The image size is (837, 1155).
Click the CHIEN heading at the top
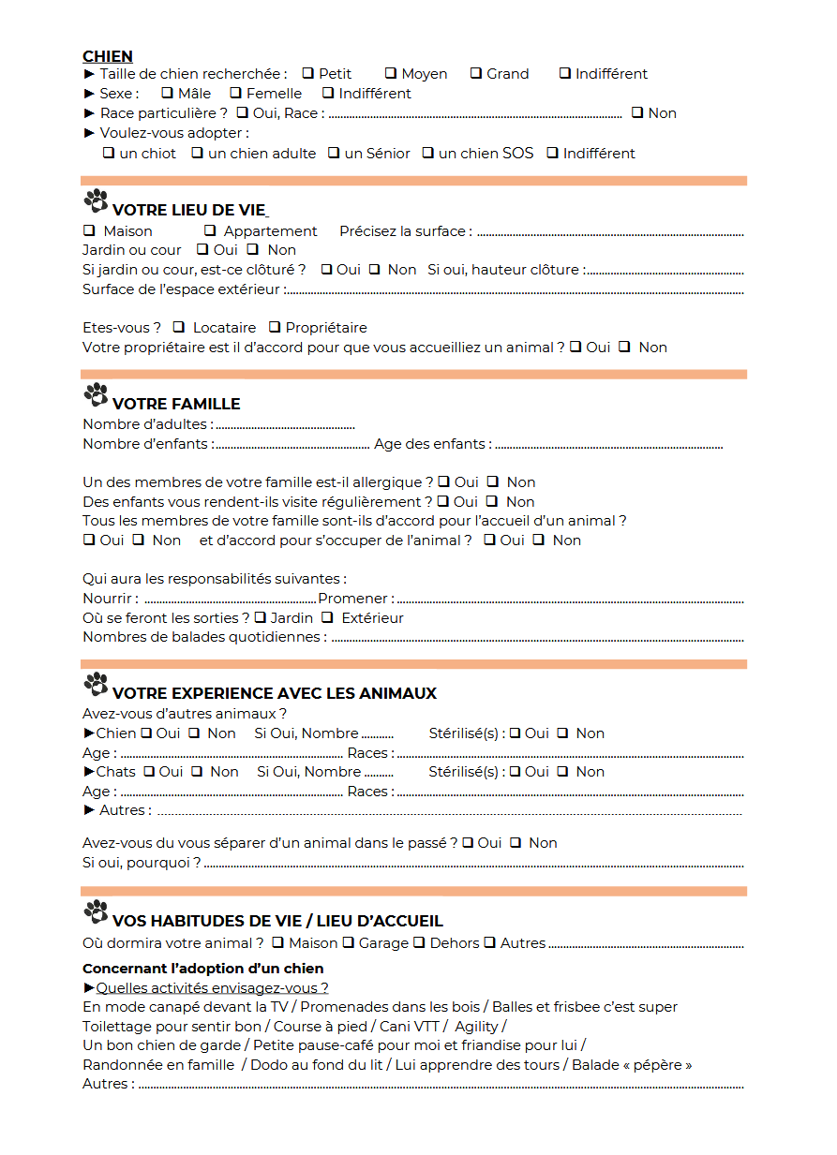(x=108, y=56)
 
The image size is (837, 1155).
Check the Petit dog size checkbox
(x=307, y=73)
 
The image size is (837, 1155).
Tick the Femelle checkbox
(x=236, y=93)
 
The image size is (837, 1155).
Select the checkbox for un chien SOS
(x=427, y=153)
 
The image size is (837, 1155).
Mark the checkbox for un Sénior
(x=334, y=153)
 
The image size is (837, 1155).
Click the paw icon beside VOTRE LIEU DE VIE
(x=96, y=201)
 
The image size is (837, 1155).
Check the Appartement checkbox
(x=210, y=230)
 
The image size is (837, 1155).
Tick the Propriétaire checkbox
(x=275, y=327)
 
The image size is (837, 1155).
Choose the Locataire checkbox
(x=179, y=327)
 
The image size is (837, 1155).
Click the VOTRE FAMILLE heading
(x=176, y=404)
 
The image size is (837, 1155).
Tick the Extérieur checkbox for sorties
(x=327, y=617)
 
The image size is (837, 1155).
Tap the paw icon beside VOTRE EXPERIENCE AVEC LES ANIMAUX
(x=96, y=685)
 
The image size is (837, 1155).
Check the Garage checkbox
(x=348, y=942)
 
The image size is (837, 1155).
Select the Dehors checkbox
(x=419, y=942)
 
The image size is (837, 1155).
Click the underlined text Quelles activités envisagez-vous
(x=212, y=988)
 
